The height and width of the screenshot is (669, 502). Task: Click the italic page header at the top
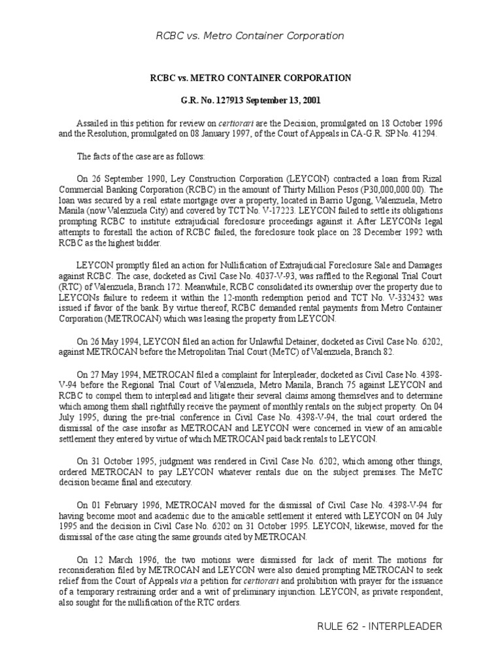point(250,36)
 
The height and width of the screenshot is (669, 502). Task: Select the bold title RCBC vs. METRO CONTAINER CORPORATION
point(251,78)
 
